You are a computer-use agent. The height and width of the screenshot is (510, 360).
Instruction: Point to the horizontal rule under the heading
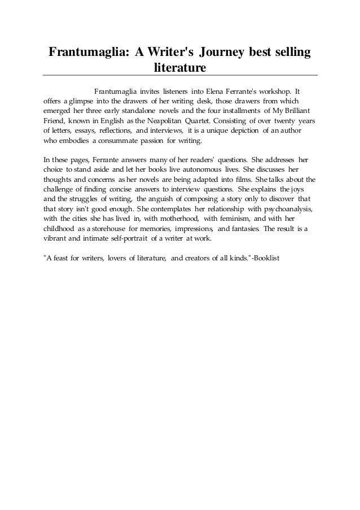(x=180, y=75)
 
